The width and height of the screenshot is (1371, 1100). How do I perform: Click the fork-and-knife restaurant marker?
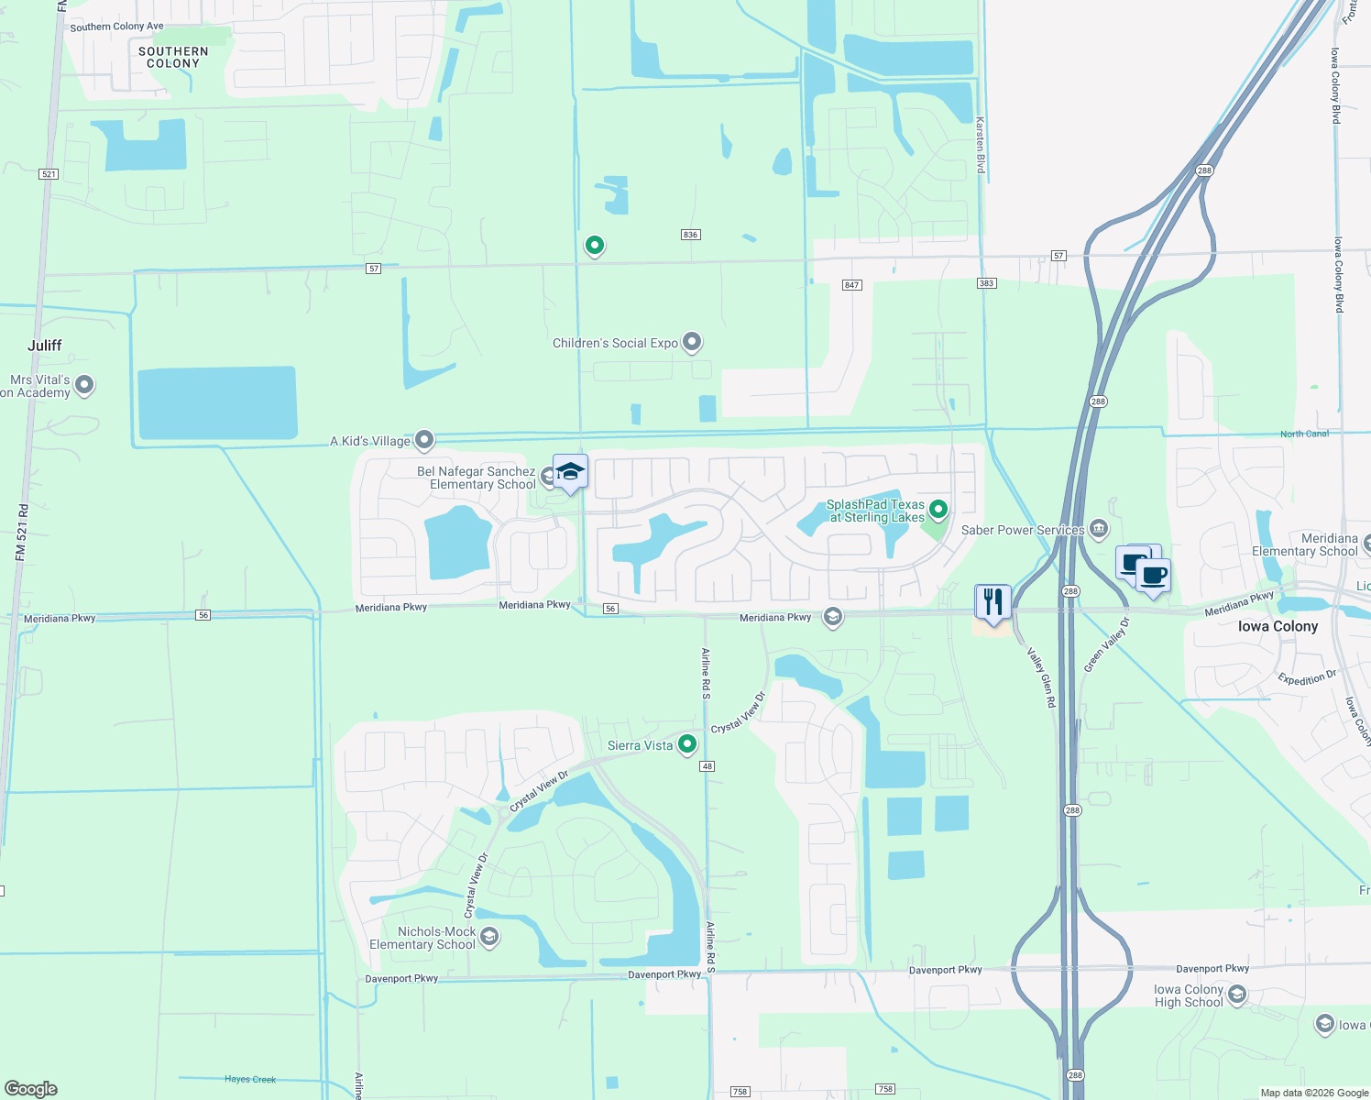click(x=993, y=602)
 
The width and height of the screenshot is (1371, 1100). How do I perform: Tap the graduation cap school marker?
click(x=570, y=472)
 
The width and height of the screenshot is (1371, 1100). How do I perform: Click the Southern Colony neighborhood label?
click(x=173, y=58)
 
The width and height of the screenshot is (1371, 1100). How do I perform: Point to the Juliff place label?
click(x=45, y=346)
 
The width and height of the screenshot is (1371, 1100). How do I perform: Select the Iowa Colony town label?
click(x=1278, y=627)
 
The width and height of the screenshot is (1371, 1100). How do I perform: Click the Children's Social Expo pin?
click(x=692, y=343)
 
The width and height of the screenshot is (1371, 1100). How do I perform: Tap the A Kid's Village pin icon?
click(x=424, y=441)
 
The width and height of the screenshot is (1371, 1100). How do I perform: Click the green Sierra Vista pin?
click(x=687, y=745)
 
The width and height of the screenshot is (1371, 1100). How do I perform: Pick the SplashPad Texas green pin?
click(x=938, y=509)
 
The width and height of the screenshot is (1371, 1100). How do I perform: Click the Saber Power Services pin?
click(x=1099, y=529)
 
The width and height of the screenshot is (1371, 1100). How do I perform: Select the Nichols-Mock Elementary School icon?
click(x=489, y=937)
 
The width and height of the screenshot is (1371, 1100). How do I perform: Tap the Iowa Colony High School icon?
click(x=1237, y=995)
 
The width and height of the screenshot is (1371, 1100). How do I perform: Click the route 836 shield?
click(x=690, y=235)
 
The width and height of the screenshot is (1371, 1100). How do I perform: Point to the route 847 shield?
click(x=852, y=285)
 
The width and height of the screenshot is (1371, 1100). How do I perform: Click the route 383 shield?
click(x=986, y=283)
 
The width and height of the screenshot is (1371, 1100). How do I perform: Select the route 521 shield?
click(x=49, y=174)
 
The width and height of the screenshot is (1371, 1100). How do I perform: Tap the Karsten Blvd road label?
click(x=980, y=145)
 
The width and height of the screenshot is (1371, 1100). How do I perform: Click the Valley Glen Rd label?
click(x=1041, y=677)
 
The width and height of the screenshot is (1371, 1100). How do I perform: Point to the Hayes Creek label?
click(x=250, y=1079)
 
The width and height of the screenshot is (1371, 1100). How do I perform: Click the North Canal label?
click(x=1304, y=434)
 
